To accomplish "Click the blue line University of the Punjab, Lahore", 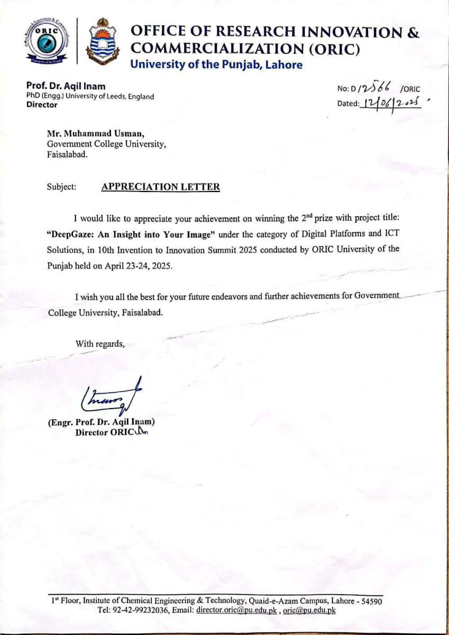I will [x=216, y=65].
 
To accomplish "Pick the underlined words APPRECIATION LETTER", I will [x=160, y=187].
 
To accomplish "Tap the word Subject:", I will [x=61, y=187].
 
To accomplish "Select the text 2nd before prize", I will [x=307, y=217].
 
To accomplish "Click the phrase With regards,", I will [x=100, y=344].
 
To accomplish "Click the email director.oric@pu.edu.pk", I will [x=237, y=610].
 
